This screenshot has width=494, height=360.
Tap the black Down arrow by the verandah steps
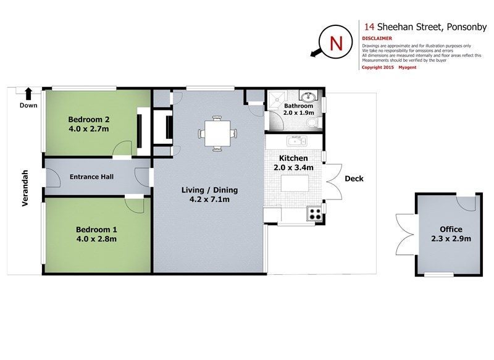tap(28, 93)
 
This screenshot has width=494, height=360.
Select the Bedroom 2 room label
tap(89, 119)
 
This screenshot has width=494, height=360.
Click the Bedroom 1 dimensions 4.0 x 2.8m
tap(96, 239)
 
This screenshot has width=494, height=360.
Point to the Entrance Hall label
tap(91, 177)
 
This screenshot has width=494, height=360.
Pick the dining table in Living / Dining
tap(217, 133)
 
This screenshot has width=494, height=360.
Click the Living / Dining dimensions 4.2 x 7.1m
tap(209, 199)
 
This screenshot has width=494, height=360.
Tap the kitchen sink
tap(297, 141)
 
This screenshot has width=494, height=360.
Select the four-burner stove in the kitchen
tap(315, 214)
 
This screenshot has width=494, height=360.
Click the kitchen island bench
tap(295, 183)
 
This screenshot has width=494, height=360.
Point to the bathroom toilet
tap(313, 122)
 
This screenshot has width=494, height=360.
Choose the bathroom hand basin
tap(308, 96)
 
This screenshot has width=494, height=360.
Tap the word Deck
tap(354, 178)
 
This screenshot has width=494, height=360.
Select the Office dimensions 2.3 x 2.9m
tap(451, 239)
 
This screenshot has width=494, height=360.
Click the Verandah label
tap(25, 188)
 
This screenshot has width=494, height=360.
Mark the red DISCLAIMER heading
tap(377, 38)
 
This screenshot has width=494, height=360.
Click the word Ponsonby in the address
tap(467, 27)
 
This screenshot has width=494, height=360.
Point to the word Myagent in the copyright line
tap(408, 67)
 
